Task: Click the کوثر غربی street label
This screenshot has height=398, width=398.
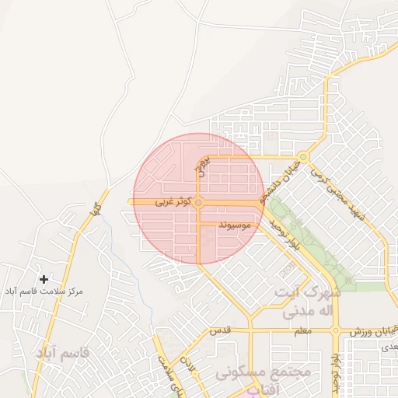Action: tap(173, 201)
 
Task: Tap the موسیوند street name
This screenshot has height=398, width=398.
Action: tap(235, 225)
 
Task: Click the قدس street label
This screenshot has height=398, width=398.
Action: tap(222, 330)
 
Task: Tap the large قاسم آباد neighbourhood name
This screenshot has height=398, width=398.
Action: tap(62, 353)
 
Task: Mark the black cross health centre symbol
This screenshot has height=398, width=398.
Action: tap(44, 278)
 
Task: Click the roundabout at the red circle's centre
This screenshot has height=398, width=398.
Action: tap(199, 202)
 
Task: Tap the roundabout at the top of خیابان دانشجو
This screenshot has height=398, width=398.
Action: tap(303, 158)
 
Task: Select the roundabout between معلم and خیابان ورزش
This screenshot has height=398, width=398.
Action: tap(336, 330)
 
